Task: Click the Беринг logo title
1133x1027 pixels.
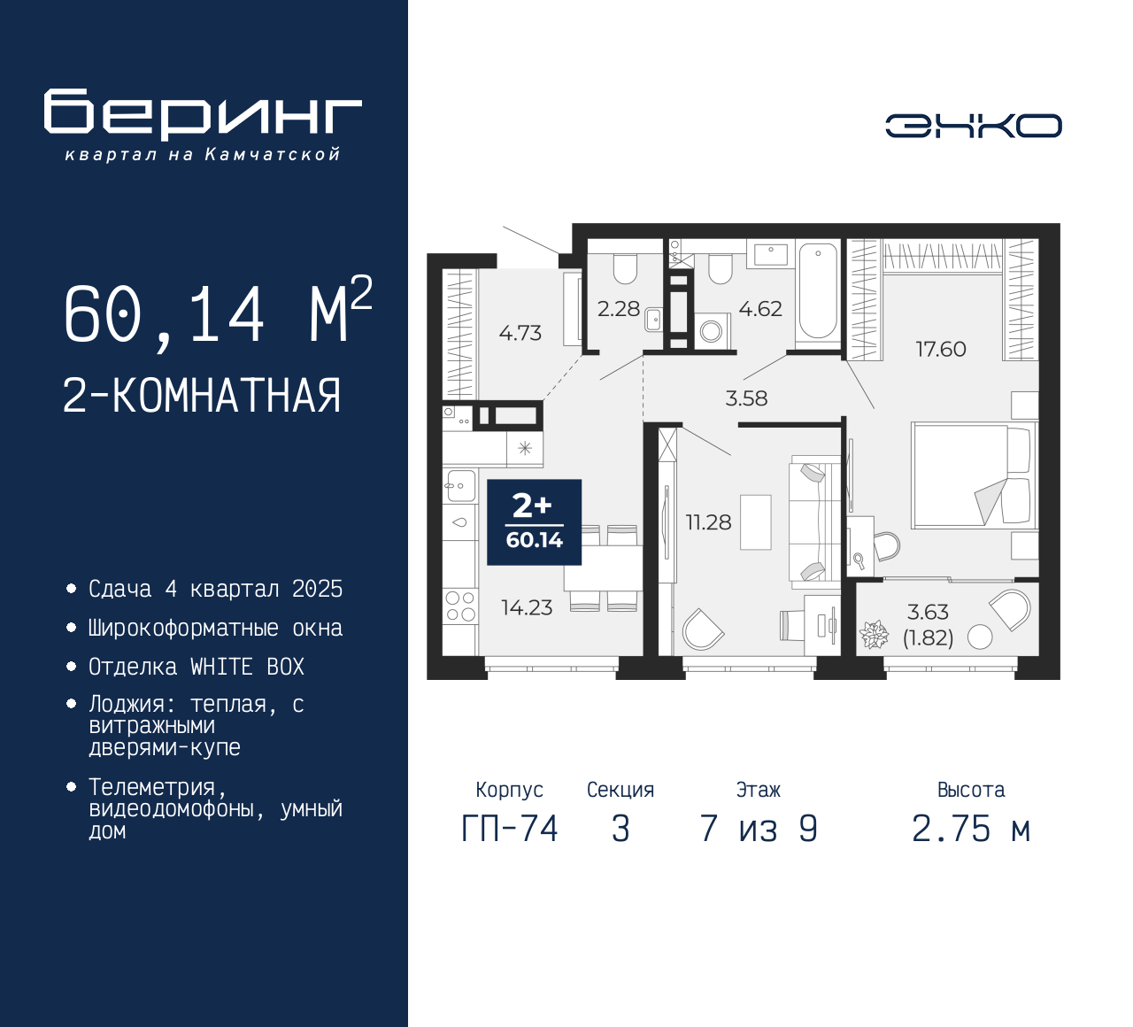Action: click(x=203, y=114)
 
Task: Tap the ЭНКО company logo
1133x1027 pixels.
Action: click(x=973, y=126)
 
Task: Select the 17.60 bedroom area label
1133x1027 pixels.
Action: click(x=940, y=349)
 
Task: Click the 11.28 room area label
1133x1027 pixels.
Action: click(x=708, y=522)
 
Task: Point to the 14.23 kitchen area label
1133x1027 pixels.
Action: click(x=527, y=607)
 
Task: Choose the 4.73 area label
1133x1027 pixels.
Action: click(x=520, y=333)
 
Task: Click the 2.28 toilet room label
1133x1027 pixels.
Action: click(x=618, y=309)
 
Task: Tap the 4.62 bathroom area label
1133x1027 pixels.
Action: click(x=760, y=309)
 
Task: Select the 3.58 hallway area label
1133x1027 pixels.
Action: click(x=746, y=398)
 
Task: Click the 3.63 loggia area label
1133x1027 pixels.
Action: click(x=928, y=612)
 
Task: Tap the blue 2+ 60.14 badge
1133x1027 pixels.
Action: click(x=534, y=522)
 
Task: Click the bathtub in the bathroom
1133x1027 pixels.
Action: click(x=817, y=291)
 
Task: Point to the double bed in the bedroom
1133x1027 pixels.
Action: click(x=972, y=475)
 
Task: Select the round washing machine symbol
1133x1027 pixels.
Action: click(x=711, y=332)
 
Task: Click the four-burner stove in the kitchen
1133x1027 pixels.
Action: click(x=460, y=606)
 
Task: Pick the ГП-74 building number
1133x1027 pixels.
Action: click(x=510, y=829)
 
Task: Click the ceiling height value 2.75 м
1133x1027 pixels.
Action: click(x=971, y=829)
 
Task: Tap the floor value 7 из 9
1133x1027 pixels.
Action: click(x=759, y=829)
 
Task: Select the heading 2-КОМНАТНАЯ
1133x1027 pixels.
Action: click(x=202, y=396)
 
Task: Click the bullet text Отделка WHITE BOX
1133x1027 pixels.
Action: click(x=197, y=667)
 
